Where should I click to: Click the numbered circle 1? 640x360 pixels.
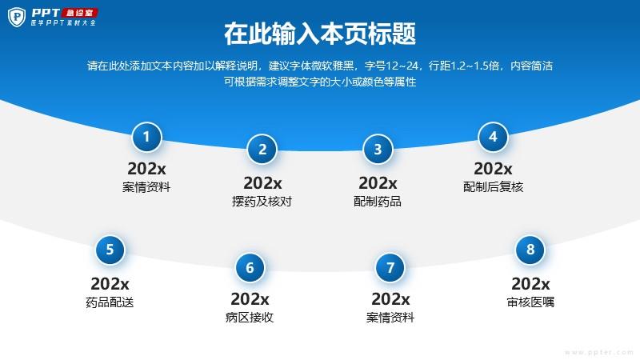pyautogui.click(x=146, y=137)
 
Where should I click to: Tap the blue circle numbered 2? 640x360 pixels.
pyautogui.click(x=262, y=149)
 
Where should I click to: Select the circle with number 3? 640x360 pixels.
pyautogui.click(x=378, y=149)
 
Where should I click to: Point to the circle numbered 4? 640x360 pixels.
pyautogui.click(x=493, y=137)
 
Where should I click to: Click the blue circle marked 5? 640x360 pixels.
pyautogui.click(x=110, y=250)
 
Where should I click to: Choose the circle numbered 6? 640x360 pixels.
pyautogui.click(x=250, y=268)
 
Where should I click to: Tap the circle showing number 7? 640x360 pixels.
pyautogui.click(x=390, y=268)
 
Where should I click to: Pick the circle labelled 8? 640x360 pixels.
pyautogui.click(x=530, y=250)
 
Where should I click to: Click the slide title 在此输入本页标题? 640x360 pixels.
pyautogui.click(x=320, y=34)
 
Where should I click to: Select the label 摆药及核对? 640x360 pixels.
pyautogui.click(x=262, y=202)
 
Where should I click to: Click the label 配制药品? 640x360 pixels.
pyautogui.click(x=378, y=202)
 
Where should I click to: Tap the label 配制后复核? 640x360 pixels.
pyautogui.click(x=493, y=187)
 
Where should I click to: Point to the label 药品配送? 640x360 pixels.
pyautogui.click(x=110, y=302)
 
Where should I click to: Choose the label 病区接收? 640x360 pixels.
pyautogui.click(x=250, y=317)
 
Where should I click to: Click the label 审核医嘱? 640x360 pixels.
pyautogui.click(x=530, y=302)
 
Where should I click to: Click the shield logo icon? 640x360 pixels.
pyautogui.click(x=17, y=17)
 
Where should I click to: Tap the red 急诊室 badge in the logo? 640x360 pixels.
pyautogui.click(x=80, y=13)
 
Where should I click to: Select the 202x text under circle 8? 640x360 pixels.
pyautogui.click(x=530, y=284)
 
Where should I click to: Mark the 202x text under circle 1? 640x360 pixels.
pyautogui.click(x=146, y=169)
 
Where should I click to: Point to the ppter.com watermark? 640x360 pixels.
pyautogui.click(x=599, y=352)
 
